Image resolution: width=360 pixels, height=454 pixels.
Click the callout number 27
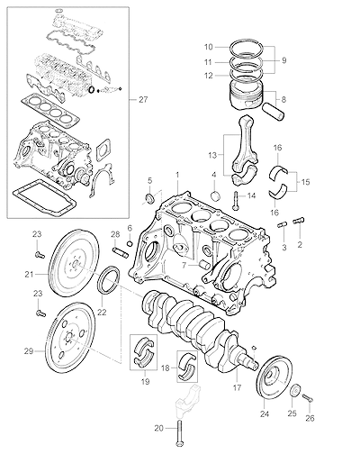point(143,99)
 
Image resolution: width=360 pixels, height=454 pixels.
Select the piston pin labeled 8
point(273,112)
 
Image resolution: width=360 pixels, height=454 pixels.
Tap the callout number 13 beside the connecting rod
point(212,155)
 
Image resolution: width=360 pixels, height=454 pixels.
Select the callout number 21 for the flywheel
point(29,274)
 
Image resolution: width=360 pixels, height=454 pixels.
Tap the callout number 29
point(29,351)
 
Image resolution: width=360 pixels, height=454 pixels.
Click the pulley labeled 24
point(274,378)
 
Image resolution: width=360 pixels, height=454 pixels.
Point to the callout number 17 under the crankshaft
point(237,387)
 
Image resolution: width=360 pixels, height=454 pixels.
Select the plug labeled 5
point(150,198)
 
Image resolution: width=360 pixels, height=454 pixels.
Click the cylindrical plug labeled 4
point(215,195)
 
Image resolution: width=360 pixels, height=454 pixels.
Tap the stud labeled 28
point(121,252)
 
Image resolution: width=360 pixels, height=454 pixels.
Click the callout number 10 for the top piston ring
point(209,47)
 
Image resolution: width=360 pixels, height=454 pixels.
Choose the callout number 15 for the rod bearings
point(305,182)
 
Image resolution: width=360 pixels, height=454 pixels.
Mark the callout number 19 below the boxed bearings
point(145,382)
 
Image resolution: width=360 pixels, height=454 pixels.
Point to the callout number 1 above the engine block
point(177,175)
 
